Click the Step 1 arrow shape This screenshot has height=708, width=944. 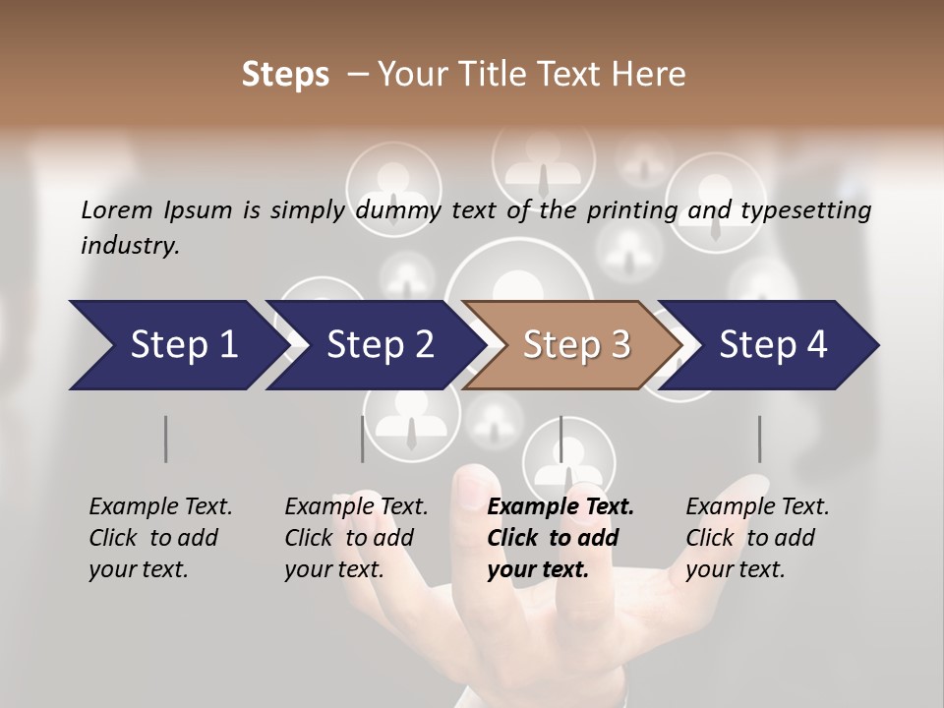[177, 345]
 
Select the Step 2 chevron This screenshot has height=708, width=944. [379, 345]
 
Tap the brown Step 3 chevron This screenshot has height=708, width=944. [574, 345]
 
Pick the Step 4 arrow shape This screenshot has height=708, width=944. [772, 345]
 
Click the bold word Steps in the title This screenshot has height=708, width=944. [285, 75]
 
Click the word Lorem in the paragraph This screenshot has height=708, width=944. [116, 210]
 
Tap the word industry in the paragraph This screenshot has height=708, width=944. [129, 246]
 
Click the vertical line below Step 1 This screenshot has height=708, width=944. [166, 439]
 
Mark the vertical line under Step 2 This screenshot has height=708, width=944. [363, 439]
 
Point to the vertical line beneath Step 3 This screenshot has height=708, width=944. [561, 439]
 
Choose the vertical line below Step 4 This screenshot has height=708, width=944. [759, 439]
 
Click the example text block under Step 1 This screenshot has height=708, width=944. [160, 538]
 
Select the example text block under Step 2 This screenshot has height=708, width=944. [356, 538]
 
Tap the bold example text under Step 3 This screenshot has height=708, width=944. [560, 538]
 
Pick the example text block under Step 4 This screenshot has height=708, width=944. [757, 538]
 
